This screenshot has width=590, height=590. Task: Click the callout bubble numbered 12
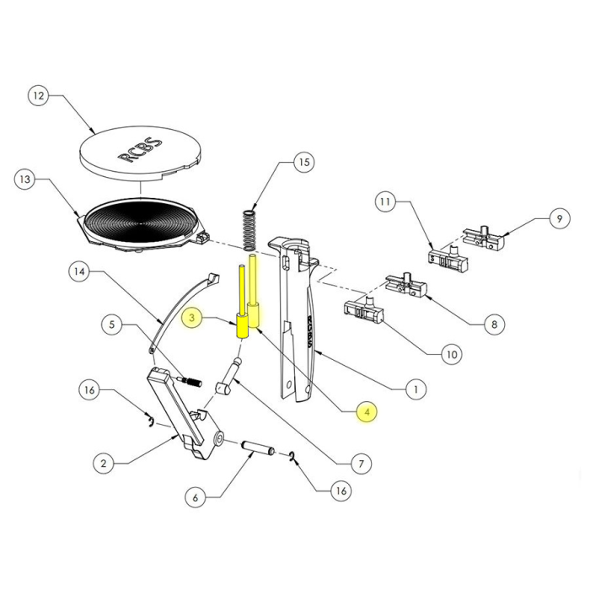point(37,96)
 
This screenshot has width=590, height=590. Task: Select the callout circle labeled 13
point(26,180)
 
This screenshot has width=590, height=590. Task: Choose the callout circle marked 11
point(385,203)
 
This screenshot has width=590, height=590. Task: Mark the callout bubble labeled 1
point(414,389)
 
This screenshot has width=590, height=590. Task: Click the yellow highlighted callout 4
point(365,412)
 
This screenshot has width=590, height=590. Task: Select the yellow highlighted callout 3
point(193,318)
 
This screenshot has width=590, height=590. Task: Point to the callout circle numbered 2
point(102,463)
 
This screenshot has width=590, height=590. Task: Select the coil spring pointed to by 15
point(250,228)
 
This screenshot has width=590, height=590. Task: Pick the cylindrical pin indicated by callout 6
point(255,448)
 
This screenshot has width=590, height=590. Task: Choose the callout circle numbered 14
point(78,272)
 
